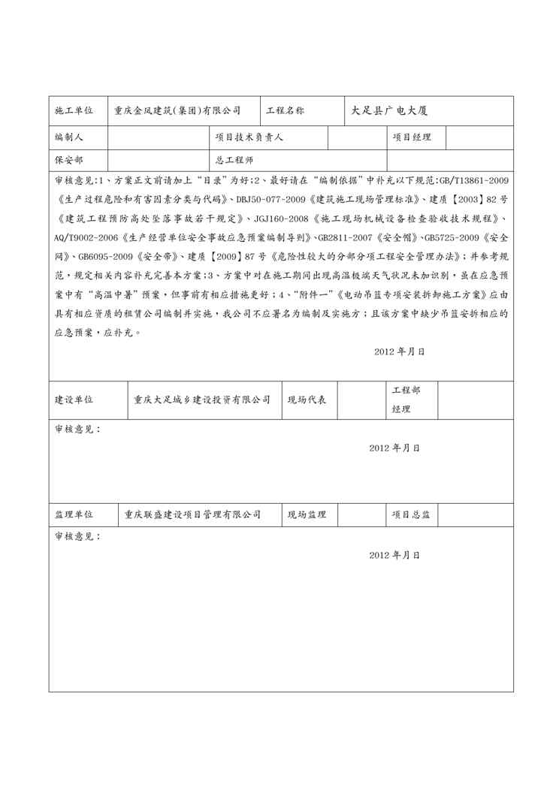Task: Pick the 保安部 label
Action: (x=69, y=160)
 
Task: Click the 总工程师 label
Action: (x=234, y=160)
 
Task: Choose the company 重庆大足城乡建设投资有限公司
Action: (x=202, y=400)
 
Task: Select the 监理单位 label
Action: (x=74, y=514)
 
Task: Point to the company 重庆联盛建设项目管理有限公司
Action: (x=193, y=514)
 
